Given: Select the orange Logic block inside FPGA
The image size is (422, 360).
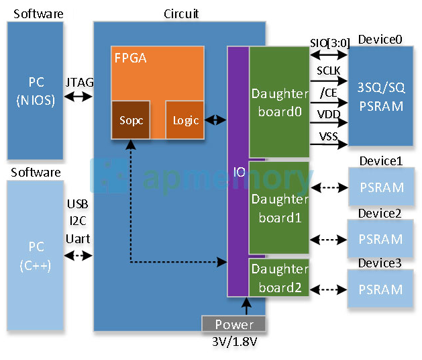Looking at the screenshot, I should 184,120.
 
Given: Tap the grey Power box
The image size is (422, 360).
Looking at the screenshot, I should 234,324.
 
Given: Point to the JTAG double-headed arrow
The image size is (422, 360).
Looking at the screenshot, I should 78,97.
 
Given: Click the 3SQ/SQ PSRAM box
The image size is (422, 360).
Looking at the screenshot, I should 380,97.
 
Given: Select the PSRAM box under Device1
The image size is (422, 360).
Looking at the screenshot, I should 380,187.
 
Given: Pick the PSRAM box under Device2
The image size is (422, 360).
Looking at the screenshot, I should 380,239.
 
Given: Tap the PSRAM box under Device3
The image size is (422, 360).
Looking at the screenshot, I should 380,289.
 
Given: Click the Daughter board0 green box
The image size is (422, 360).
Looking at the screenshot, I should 279,102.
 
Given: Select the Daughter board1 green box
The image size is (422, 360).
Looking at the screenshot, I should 279,208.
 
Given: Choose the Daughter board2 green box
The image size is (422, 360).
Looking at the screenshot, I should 279,277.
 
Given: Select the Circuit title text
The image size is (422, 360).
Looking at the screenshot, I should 181,14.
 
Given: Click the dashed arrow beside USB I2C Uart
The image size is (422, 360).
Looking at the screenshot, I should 78,256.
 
